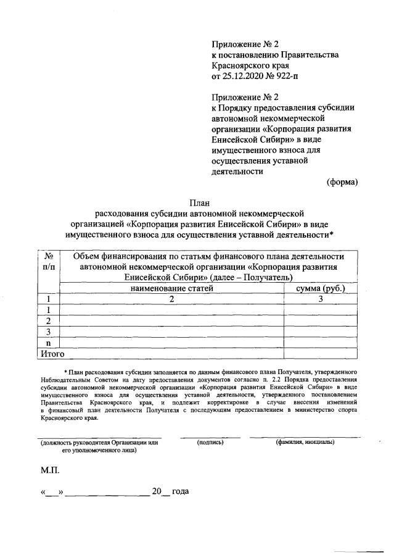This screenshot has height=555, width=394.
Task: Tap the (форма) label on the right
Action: tap(342, 182)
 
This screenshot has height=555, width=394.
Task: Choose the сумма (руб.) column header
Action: tap(321, 288)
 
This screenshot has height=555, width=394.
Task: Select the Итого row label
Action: tap(52, 353)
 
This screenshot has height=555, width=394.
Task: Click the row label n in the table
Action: tap(48, 343)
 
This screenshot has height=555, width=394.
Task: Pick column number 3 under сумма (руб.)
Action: tap(321, 299)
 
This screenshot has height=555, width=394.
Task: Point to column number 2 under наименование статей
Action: tap(171, 299)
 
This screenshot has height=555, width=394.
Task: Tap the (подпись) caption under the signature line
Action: tap(210, 442)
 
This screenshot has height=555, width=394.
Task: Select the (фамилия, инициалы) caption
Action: tap(305, 442)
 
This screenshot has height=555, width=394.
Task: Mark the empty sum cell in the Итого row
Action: tap(321, 353)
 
